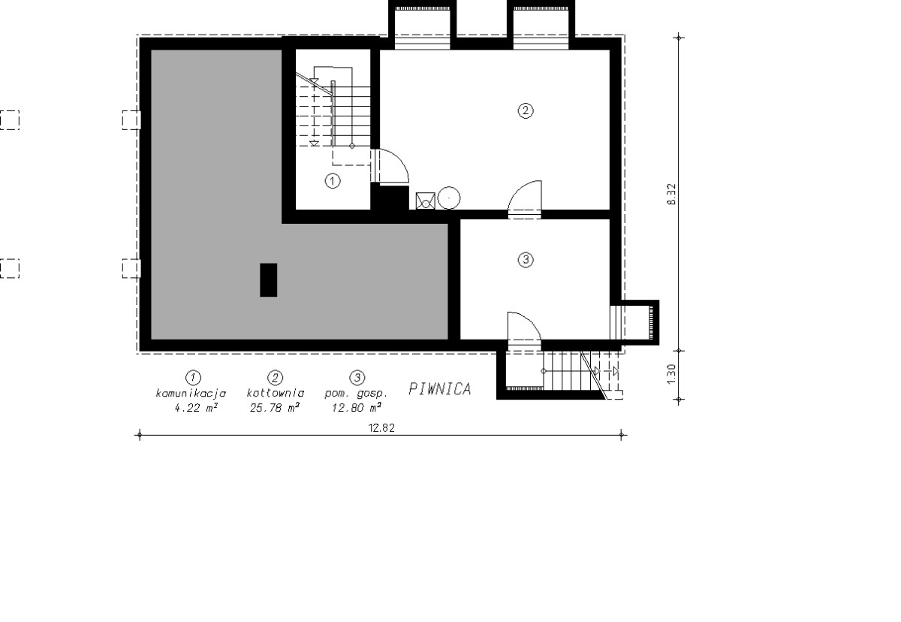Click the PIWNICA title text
click(x=440, y=388)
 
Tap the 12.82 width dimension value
click(x=381, y=428)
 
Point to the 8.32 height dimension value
click(x=671, y=195)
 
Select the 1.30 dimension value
click(x=671, y=374)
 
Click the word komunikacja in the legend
click(x=191, y=394)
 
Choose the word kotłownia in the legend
click(x=276, y=393)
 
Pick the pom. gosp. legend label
click(x=356, y=394)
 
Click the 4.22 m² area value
click(x=196, y=408)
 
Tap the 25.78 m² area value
click(x=275, y=408)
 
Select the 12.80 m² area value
click(x=357, y=408)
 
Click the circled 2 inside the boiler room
click(x=526, y=110)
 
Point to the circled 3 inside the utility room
click(x=526, y=259)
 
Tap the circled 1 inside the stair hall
click(x=332, y=181)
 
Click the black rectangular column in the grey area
click(x=268, y=280)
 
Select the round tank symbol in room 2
click(x=448, y=198)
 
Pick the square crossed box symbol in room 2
click(x=426, y=201)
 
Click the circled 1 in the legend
click(x=194, y=377)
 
